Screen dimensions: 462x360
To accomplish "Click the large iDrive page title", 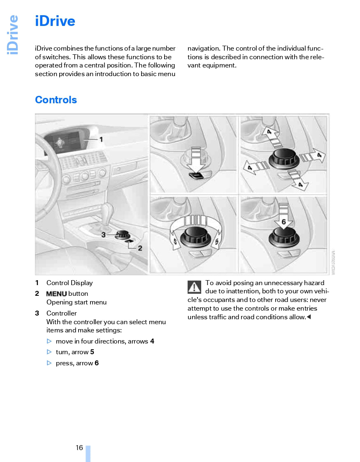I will coord(55,21).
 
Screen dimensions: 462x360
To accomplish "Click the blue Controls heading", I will coord(56,100).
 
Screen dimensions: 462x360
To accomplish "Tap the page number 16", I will coord(79,448).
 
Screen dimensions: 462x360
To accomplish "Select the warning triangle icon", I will coord(194,287).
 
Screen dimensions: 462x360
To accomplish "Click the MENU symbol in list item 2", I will coord(56,294).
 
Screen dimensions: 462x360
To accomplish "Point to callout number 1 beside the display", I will coord(101,139).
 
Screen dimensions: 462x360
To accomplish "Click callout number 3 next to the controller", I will coord(104,234).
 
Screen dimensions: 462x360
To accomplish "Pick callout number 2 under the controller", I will coord(140,248).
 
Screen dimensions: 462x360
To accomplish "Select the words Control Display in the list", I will coord(70,283).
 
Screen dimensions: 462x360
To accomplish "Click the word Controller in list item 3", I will coord(61,313).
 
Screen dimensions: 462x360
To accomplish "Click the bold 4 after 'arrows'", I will coord(152,341).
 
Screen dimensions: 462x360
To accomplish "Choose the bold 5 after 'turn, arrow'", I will coord(92,352).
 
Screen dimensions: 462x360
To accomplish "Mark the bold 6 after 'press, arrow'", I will coord(97,363).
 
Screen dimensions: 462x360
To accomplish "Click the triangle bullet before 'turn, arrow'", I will coord(49,352).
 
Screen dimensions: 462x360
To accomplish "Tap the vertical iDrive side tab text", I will coord(13,35).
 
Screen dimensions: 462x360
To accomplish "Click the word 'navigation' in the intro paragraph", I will coord(204,49).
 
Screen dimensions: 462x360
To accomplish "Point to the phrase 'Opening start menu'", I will coord(77,302).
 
